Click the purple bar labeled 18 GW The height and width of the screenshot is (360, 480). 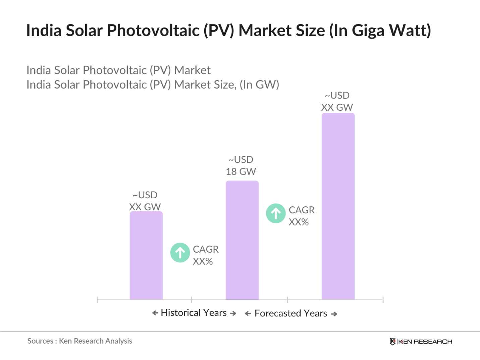pos(242,240)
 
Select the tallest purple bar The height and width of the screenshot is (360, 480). pos(338,206)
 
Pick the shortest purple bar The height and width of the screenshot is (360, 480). pos(146,255)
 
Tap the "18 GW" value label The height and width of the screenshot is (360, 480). pos(241,172)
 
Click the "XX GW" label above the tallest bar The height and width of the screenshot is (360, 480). pos(337,107)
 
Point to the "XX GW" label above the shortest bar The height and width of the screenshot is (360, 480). pos(145,207)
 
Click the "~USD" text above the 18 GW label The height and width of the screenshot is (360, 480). pos(241,159)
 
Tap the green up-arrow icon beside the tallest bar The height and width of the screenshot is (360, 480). pos(276,213)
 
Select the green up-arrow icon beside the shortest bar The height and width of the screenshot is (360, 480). pos(180,253)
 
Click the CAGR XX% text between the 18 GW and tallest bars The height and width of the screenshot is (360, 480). pos(301,216)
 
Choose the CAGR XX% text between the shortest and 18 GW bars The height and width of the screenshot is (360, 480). pos(205,255)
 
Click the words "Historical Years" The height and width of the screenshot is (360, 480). pos(194,313)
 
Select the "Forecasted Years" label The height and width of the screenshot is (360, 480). pos(290,313)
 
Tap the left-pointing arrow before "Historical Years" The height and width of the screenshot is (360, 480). pos(155,313)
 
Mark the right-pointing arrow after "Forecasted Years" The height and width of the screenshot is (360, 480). pos(334,314)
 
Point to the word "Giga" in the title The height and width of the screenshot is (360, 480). pos(368,31)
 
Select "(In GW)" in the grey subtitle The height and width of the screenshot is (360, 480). pos(259,85)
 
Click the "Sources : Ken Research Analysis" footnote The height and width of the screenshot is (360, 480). pos(80,341)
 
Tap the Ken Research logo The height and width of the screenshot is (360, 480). pos(421,342)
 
